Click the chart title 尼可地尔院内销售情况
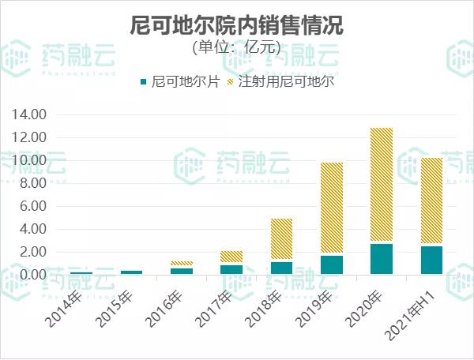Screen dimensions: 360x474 [x=236, y=25]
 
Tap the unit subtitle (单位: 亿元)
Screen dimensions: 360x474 [x=236, y=47]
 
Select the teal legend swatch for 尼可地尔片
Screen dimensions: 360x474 [x=143, y=82]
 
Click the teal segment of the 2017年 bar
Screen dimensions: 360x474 [x=231, y=269]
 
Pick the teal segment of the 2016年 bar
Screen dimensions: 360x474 [x=182, y=271]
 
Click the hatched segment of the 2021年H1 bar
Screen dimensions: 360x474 [x=431, y=201]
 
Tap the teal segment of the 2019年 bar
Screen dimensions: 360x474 [x=332, y=264]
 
